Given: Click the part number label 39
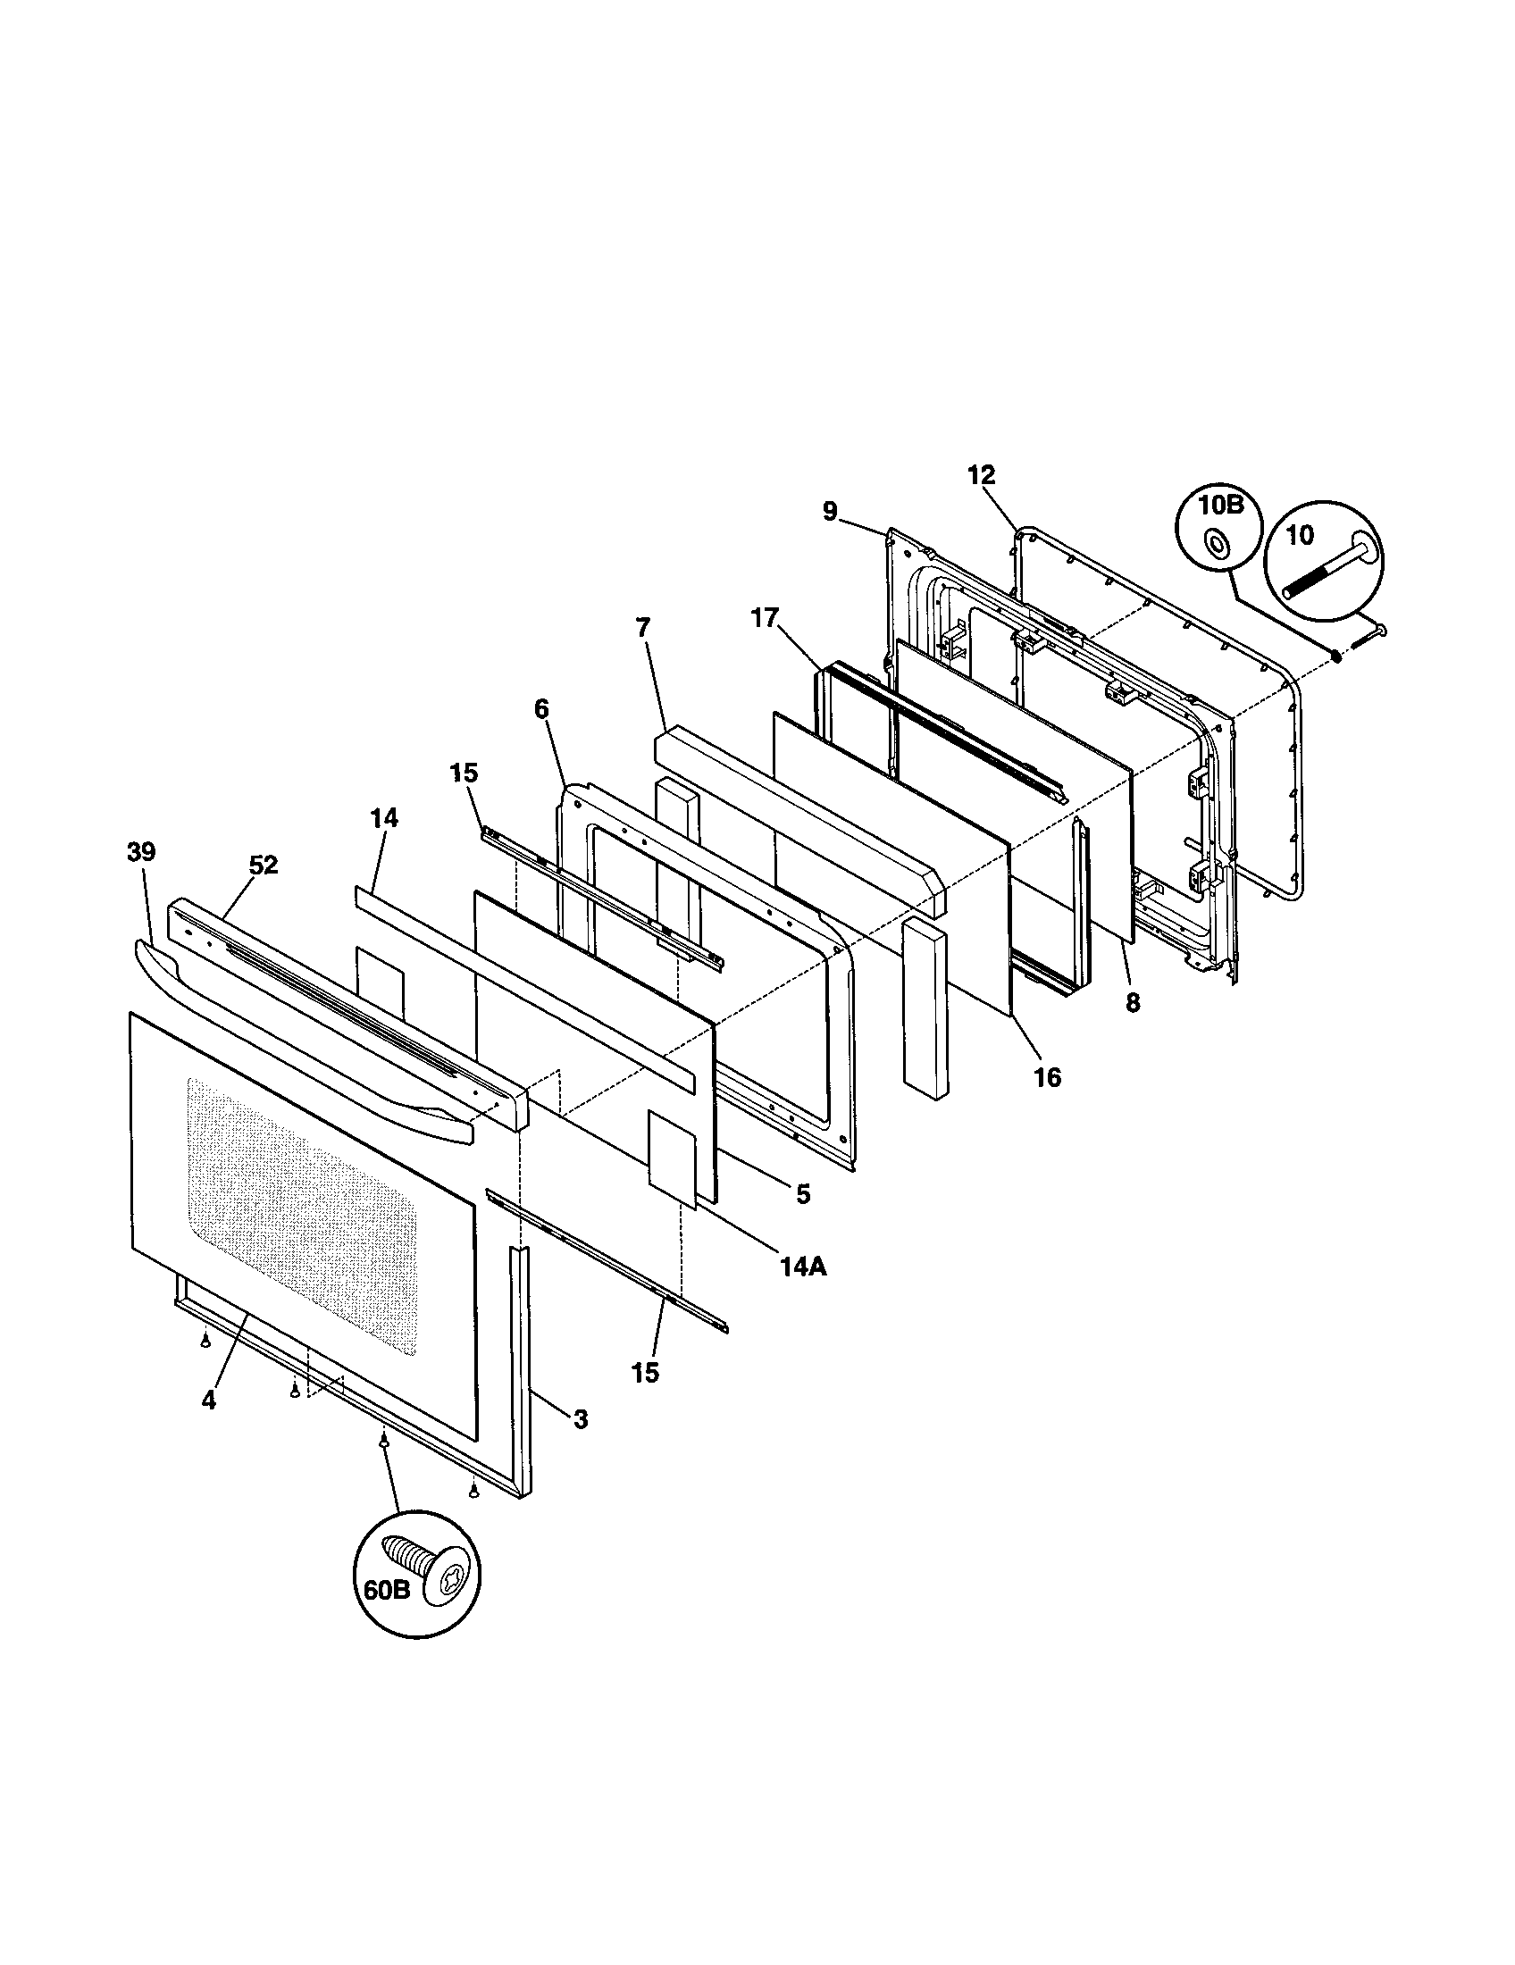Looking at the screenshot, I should point(141,852).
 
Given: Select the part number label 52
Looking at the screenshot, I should point(264,865).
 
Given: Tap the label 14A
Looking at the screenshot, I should point(804,1267).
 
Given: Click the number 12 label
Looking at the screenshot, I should point(983,474).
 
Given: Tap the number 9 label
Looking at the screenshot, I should point(830,512).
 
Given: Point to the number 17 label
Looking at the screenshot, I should point(766,619).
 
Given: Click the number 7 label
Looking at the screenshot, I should point(642,627).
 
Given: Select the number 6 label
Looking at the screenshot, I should point(540,709).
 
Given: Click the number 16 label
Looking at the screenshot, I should point(1047,1077).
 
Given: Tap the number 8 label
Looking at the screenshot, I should point(1133,1003).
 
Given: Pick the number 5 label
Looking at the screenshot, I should point(803,1194).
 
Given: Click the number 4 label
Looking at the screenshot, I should point(209,1401).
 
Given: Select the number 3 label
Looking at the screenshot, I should point(581,1419).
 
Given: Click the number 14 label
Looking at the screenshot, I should point(384,818).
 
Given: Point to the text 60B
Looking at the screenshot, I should point(388,1590).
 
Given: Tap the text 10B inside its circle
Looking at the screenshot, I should point(1220,505).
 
